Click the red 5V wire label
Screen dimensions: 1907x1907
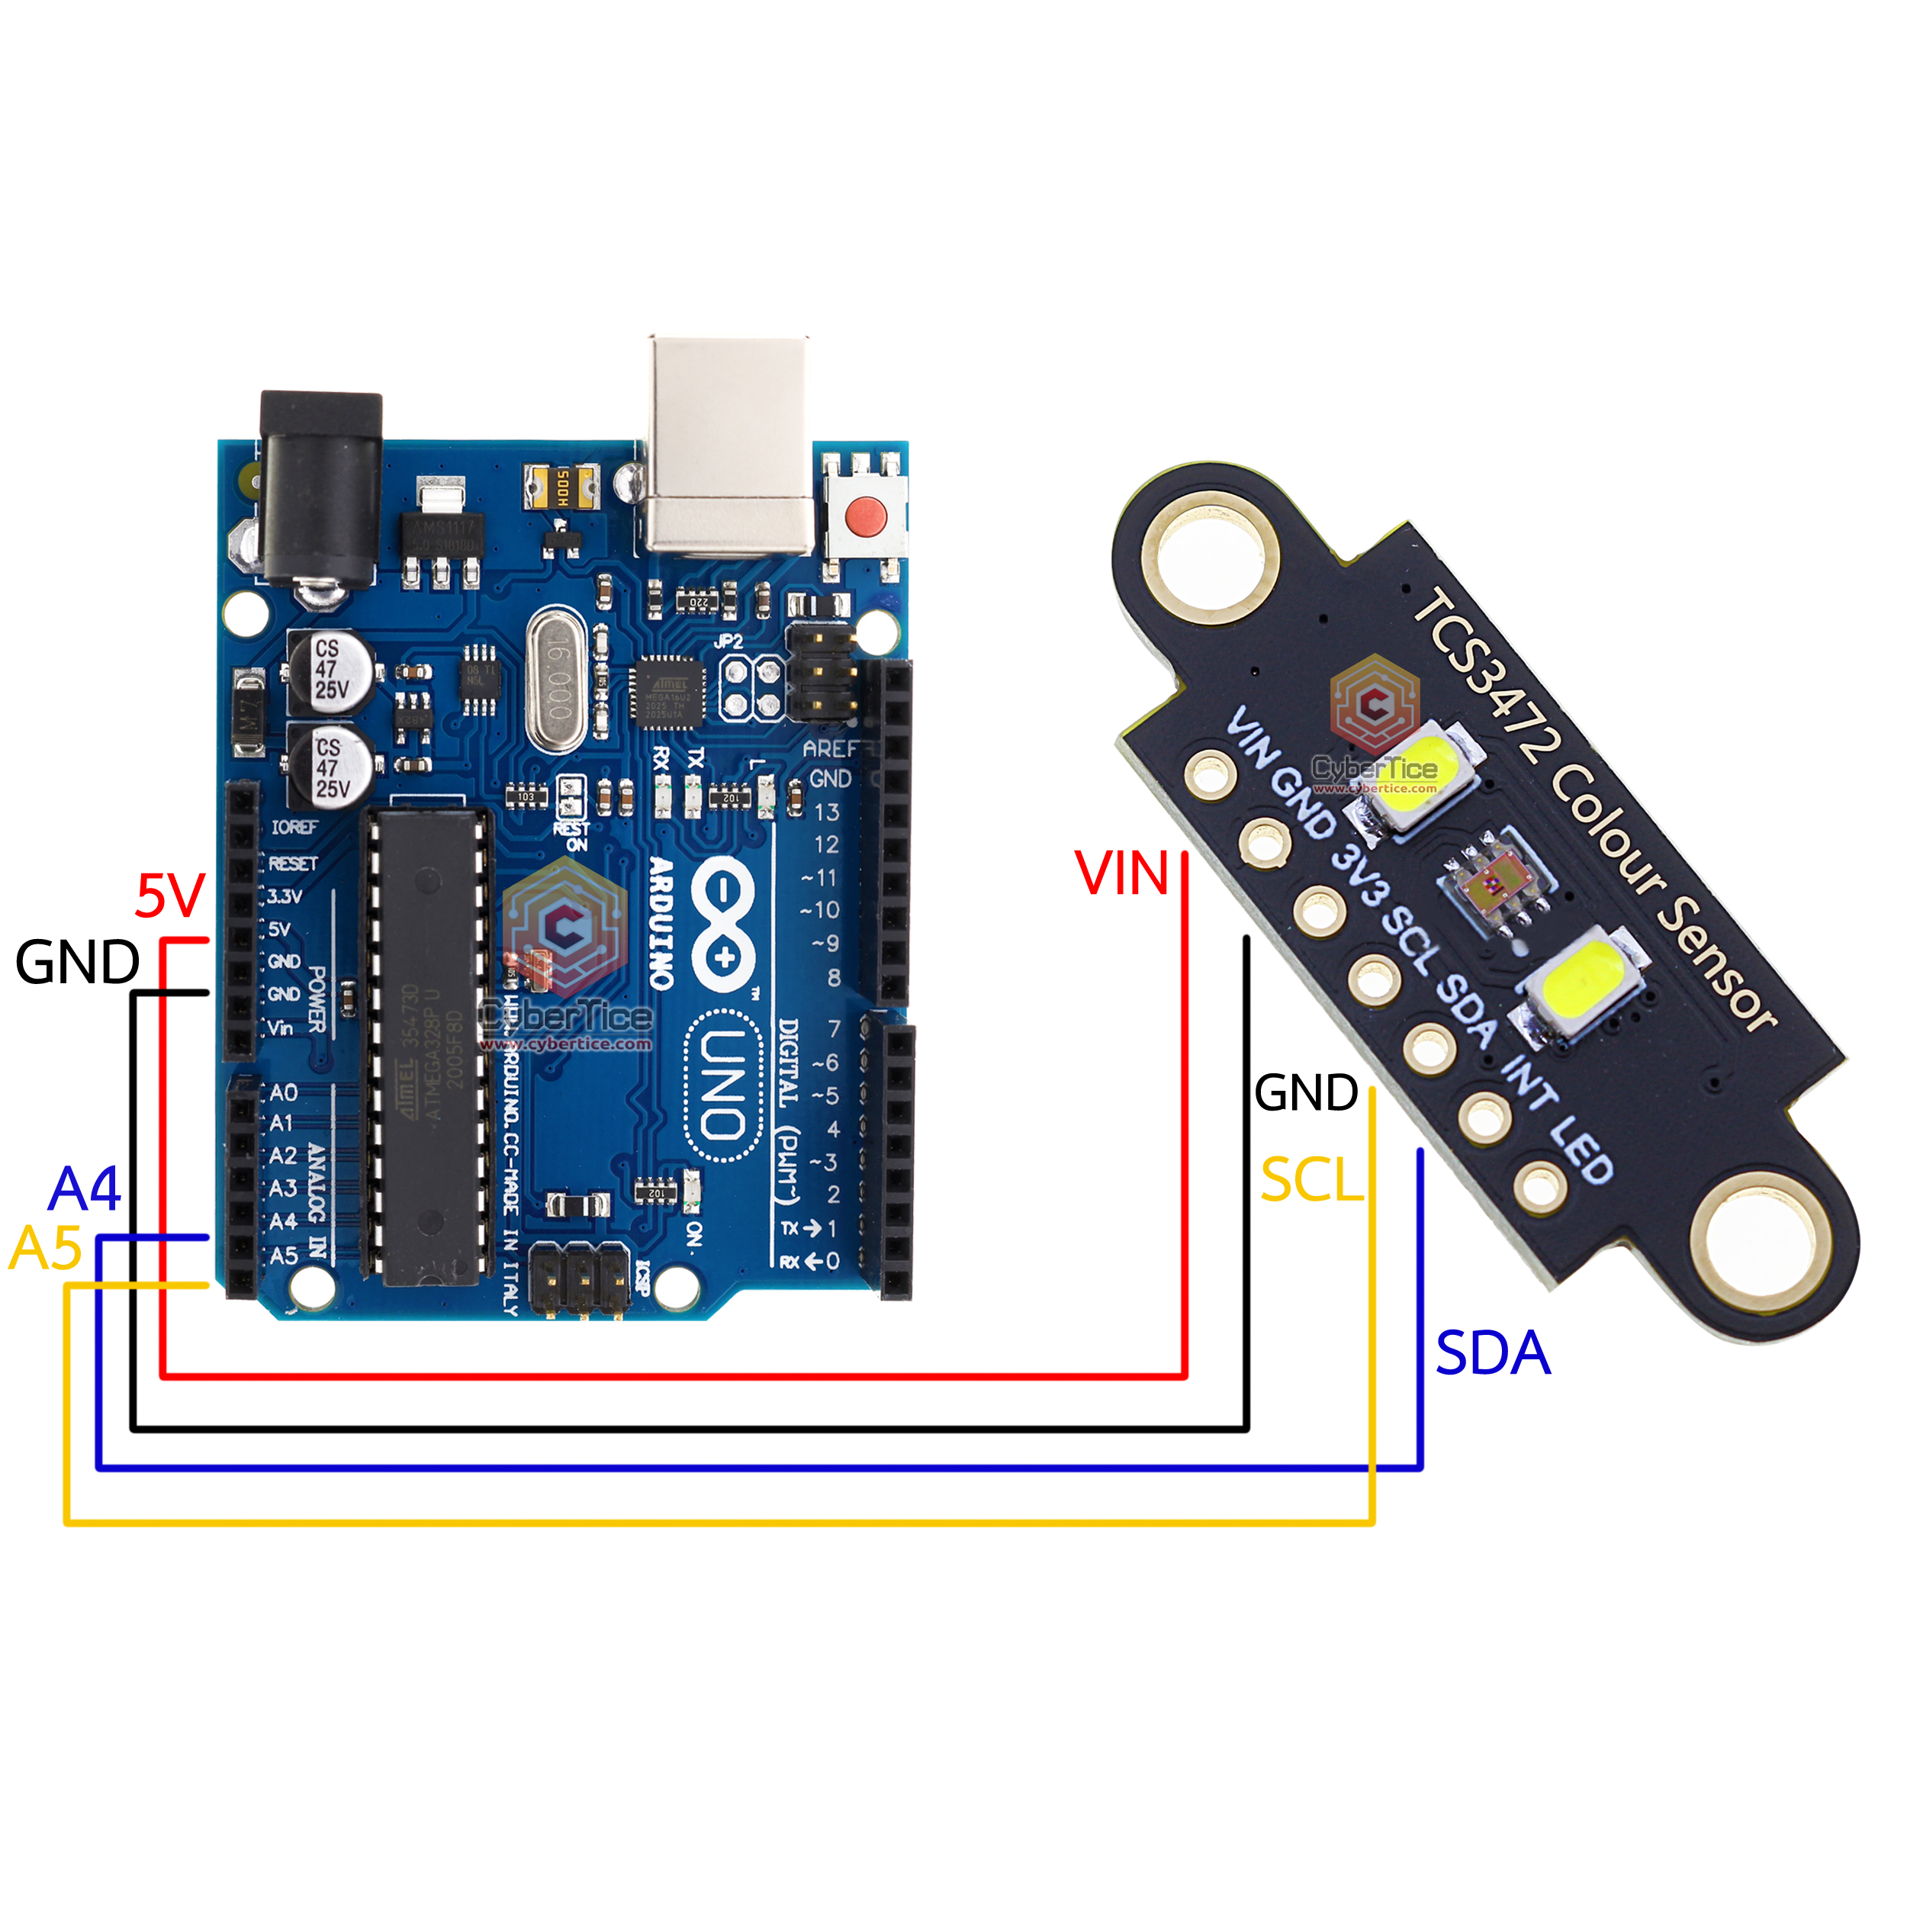pos(170,896)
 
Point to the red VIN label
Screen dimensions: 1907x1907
pos(1121,873)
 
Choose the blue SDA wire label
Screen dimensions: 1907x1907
pos(1491,1352)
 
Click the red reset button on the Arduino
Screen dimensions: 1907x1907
pos(866,514)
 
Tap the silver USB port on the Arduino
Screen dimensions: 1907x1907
pos(728,444)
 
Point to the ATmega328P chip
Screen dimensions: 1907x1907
pos(430,1047)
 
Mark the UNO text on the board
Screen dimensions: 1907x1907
pos(723,1085)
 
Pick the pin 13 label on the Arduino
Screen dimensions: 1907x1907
pos(826,812)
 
